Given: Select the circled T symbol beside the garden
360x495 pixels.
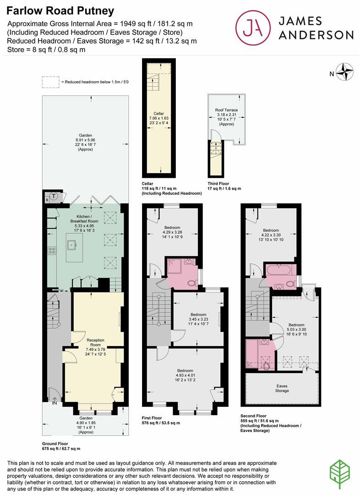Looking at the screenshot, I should (x=54, y=197).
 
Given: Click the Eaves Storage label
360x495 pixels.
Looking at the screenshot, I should (x=282, y=388).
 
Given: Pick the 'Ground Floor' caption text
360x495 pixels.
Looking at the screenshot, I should (x=55, y=444).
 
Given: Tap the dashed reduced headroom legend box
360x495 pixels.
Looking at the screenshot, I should (x=51, y=82).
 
